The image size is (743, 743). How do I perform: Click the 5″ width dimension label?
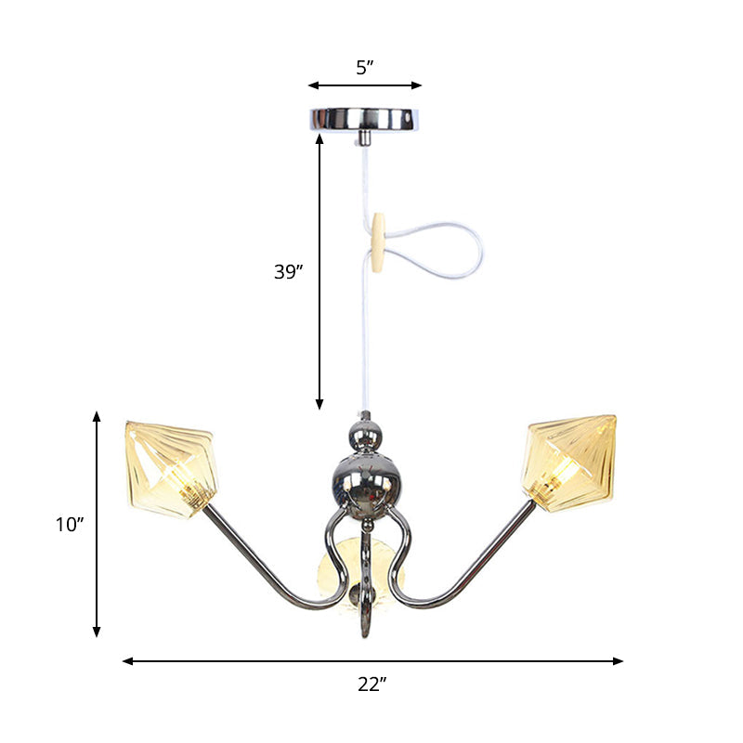[x=364, y=67]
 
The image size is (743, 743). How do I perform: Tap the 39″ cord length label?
[x=288, y=272]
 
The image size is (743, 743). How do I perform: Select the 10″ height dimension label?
[x=70, y=525]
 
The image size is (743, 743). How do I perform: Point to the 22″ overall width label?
[x=371, y=685]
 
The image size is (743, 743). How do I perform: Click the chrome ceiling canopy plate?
[x=365, y=120]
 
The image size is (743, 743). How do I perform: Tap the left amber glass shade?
[x=175, y=467]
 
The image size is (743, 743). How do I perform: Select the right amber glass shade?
[x=570, y=463]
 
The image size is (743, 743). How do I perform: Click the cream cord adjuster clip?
[x=377, y=242]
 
